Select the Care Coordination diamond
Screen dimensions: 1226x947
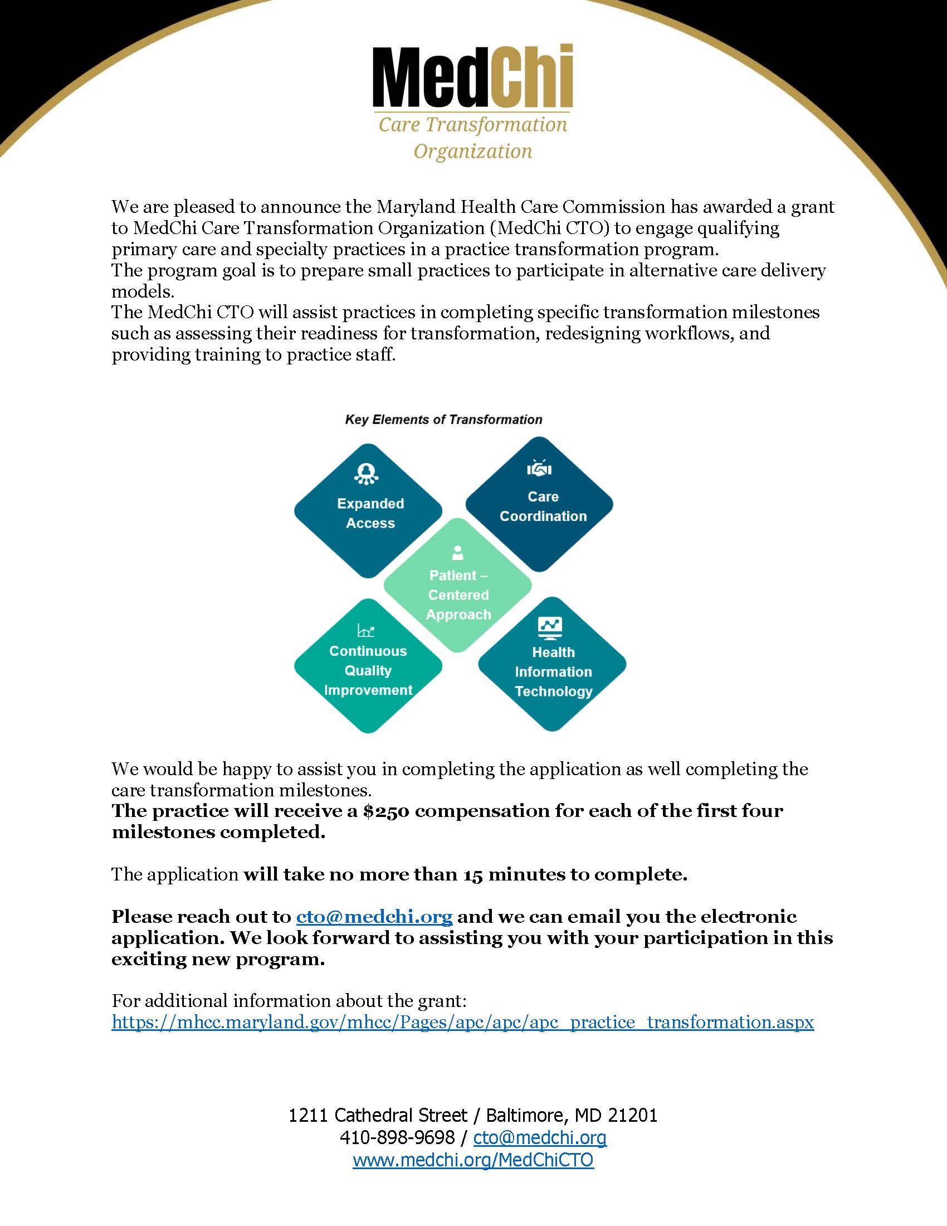(x=540, y=505)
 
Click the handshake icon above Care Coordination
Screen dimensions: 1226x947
(x=539, y=468)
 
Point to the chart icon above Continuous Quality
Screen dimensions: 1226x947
(x=366, y=631)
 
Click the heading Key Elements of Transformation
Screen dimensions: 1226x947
(x=443, y=419)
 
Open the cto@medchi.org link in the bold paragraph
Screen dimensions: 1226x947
(x=374, y=917)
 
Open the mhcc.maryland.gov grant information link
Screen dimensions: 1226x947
(x=462, y=1021)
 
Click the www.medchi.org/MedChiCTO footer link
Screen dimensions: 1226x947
(x=473, y=1160)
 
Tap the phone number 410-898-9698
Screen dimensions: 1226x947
(x=397, y=1137)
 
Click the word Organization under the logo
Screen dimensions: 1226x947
(x=472, y=151)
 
